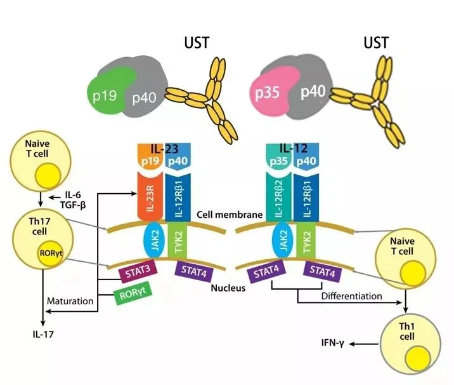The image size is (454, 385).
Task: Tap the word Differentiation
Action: coord(351,295)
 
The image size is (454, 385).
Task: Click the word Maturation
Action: coord(70,300)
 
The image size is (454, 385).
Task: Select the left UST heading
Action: coord(195,44)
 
